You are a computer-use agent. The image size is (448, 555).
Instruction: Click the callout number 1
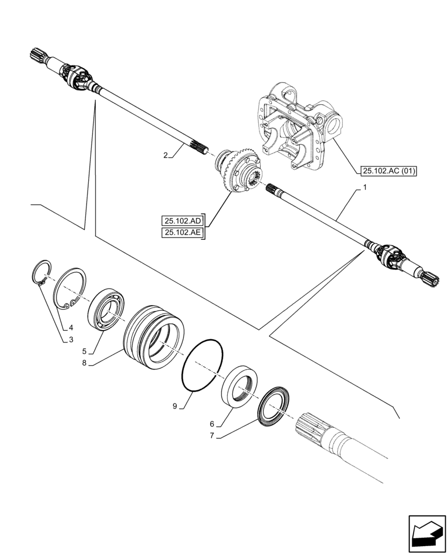pos(364,189)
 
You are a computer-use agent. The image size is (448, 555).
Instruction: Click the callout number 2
pos(165,156)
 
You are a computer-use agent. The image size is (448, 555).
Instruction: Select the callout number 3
pos(70,340)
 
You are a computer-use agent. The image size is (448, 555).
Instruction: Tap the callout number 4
pos(70,327)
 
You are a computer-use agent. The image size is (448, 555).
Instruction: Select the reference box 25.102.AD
pos(182,220)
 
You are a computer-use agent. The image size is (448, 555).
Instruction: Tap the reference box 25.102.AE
pos(182,233)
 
